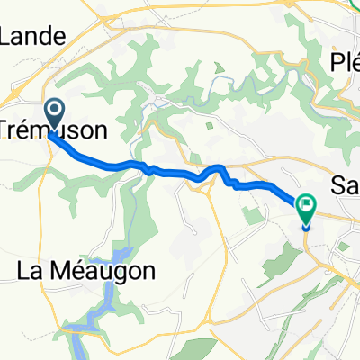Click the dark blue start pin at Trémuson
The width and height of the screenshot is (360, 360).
coord(53,114)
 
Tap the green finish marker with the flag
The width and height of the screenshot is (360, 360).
coord(305,206)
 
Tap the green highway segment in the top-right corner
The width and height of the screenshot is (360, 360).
coord(354,4)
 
